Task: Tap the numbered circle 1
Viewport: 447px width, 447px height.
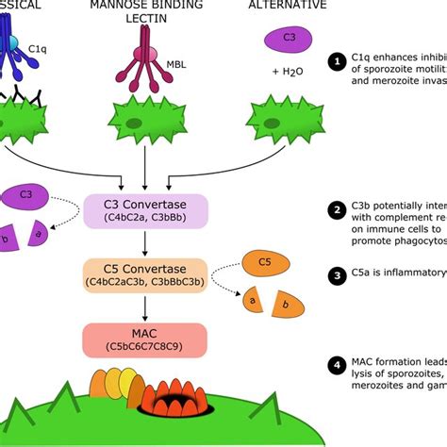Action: [337, 61]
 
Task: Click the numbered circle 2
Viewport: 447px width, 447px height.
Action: [337, 210]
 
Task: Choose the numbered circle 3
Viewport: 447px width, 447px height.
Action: [337, 276]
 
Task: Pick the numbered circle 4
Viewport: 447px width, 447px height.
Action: [337, 364]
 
